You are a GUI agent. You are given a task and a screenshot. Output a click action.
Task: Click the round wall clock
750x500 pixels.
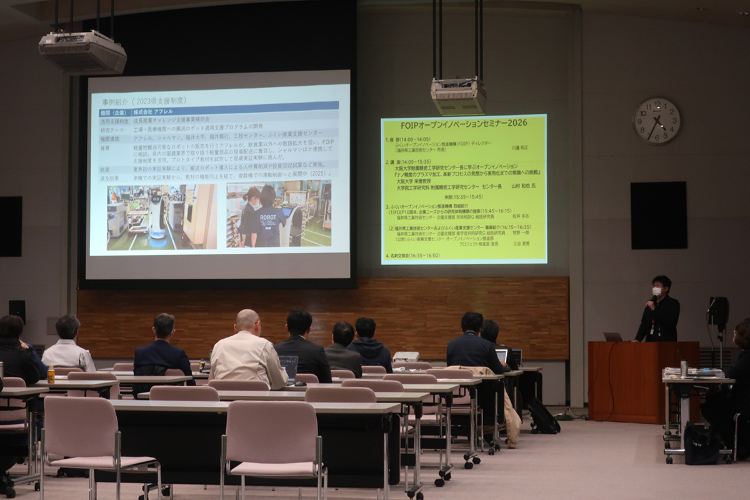click(657, 121)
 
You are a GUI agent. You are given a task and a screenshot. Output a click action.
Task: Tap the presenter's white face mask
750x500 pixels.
click(657, 291)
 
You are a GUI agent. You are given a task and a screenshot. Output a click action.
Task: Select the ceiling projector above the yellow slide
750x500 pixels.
click(458, 96)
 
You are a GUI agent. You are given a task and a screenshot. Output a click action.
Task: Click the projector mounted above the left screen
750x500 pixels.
click(82, 51)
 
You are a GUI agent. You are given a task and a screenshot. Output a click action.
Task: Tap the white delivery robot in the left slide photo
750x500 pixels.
click(157, 216)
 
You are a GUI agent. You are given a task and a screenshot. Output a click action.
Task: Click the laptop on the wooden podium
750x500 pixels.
click(612, 337)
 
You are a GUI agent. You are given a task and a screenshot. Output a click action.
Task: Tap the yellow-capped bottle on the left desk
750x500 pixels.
click(51, 374)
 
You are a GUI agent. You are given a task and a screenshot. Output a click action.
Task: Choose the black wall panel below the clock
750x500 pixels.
click(658, 216)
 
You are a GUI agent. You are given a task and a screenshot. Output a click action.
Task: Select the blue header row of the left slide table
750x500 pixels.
click(219, 112)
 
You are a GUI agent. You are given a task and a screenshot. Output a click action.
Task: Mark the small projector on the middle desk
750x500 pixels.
click(406, 357)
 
